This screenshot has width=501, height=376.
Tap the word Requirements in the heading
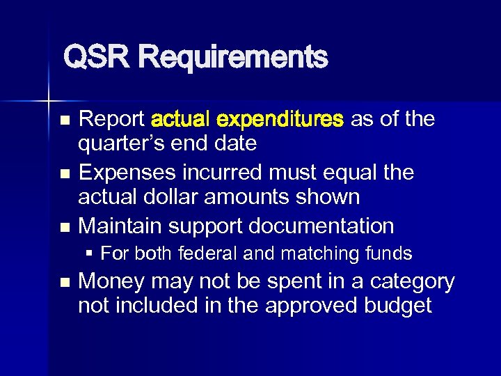(232, 57)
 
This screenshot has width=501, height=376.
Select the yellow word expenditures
(280, 119)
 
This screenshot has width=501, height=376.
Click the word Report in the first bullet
(112, 119)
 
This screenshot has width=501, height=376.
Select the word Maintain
(121, 226)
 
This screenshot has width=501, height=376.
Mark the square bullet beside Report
(65, 120)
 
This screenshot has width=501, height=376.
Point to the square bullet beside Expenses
(65, 173)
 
